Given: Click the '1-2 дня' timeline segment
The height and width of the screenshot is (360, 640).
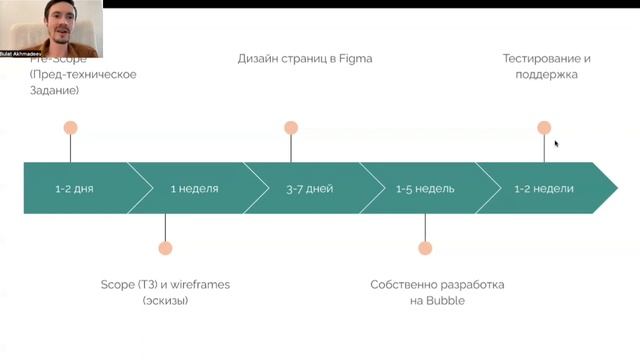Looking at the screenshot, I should coord(75,188).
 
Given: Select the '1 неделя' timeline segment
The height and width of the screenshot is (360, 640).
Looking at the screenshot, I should coord(194,188).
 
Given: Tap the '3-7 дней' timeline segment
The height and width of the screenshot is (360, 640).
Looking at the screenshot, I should coord(309,188).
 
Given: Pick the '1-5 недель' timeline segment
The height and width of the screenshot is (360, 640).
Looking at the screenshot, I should coord(425,188).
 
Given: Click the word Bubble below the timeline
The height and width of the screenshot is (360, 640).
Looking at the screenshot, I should coord(445,300).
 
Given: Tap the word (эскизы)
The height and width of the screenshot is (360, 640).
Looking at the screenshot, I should coord(165,300).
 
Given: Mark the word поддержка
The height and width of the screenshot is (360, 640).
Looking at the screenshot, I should coord(546,74).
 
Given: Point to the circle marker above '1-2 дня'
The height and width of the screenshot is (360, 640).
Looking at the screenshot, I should coord(70,128).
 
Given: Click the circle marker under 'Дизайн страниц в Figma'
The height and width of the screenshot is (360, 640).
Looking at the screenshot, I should coord(291,128).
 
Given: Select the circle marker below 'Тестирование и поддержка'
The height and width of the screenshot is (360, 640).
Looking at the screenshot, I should coord(544,128).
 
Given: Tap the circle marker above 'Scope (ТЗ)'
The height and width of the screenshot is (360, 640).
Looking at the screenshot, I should coord(165,248).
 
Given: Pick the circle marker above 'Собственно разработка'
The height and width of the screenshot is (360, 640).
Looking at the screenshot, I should coord(425,248).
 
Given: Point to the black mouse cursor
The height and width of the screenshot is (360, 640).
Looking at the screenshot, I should coord(556,143).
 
